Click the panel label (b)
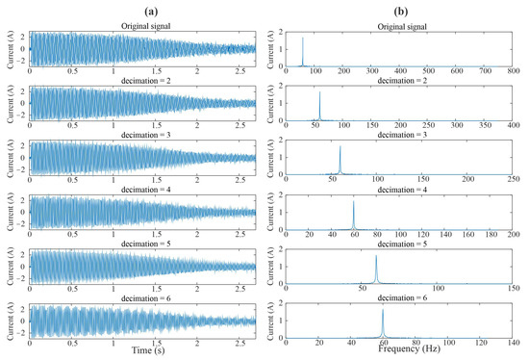(x=400, y=10)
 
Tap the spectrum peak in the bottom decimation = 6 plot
(x=383, y=311)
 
